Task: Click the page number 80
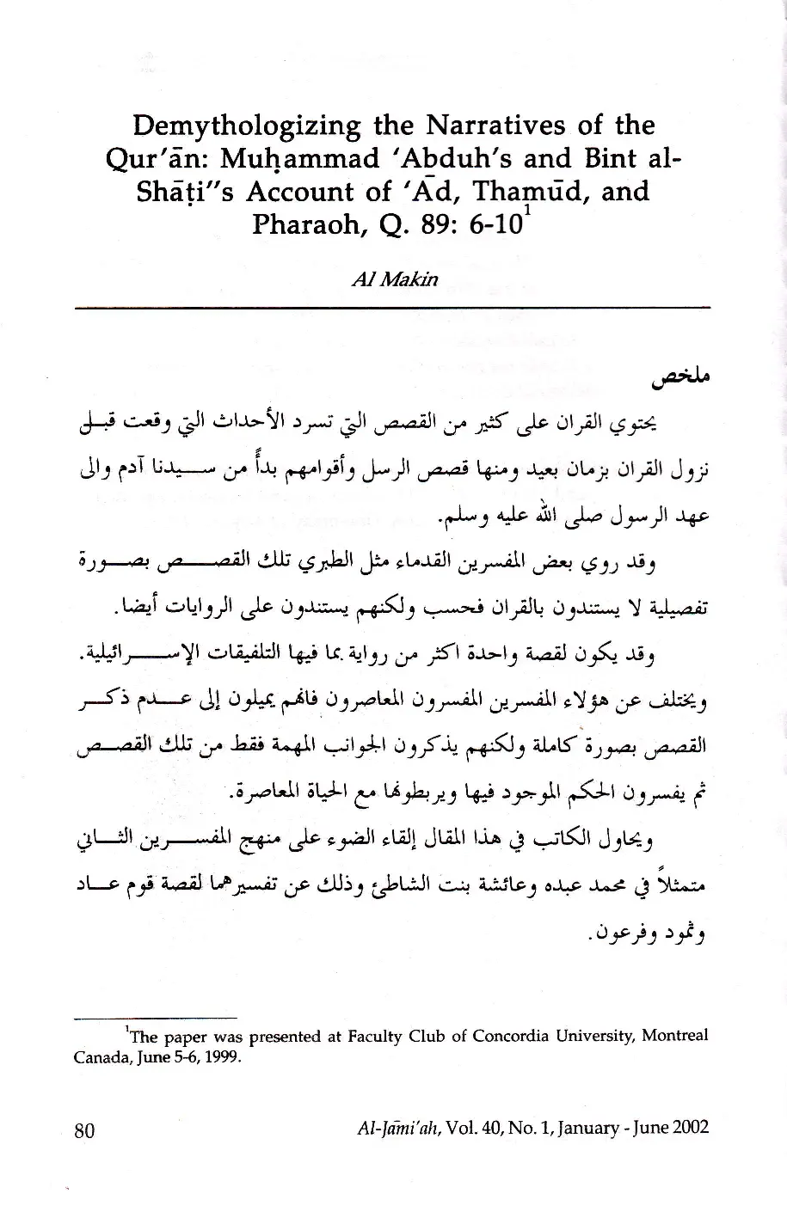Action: [x=84, y=1130]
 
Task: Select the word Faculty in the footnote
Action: [x=374, y=1036]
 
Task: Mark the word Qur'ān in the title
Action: [x=170, y=159]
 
